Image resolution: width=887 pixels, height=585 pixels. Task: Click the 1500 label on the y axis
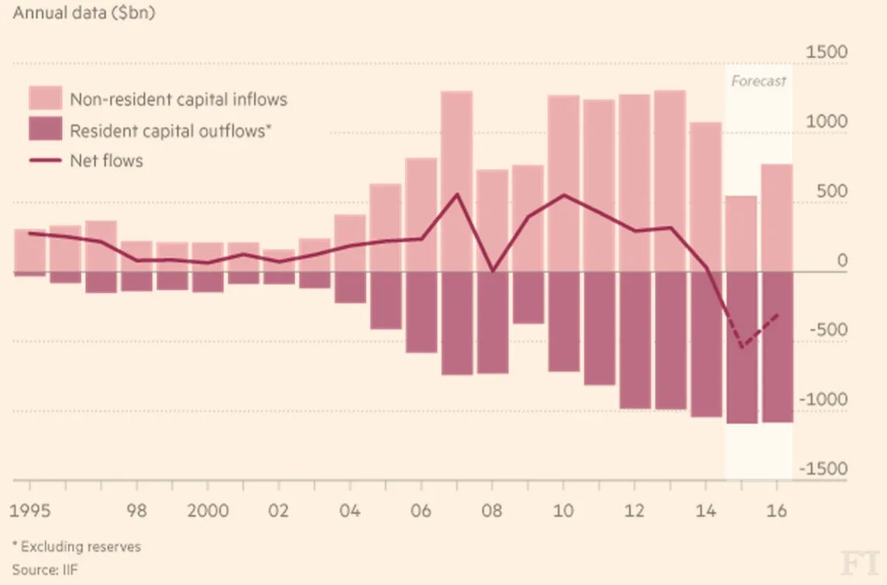click(x=827, y=53)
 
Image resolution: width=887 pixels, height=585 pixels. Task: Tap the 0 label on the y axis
click(x=842, y=261)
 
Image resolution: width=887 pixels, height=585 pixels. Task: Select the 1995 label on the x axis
click(x=30, y=511)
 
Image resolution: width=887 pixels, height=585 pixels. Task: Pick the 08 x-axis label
click(x=491, y=511)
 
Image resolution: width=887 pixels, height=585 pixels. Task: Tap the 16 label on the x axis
click(x=777, y=511)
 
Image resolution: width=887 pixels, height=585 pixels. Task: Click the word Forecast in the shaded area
click(x=758, y=81)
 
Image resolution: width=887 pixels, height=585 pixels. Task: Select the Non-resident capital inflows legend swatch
click(x=46, y=98)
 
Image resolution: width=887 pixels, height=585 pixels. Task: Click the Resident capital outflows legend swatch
click(x=46, y=130)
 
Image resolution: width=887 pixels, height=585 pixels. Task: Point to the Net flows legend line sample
click(x=46, y=161)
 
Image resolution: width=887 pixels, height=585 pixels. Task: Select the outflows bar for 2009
click(x=528, y=298)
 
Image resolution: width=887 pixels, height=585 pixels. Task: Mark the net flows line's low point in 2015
click(x=741, y=347)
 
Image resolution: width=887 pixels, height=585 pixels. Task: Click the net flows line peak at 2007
click(x=456, y=194)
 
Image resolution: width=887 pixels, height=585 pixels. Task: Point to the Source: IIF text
click(x=45, y=570)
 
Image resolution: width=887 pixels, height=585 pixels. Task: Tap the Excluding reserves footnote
click(x=77, y=546)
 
